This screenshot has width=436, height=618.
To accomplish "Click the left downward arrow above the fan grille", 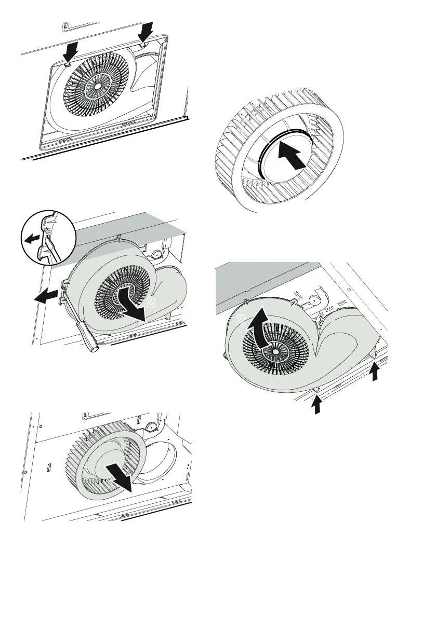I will [x=71, y=52].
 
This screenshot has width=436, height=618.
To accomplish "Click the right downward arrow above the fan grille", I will [x=148, y=31].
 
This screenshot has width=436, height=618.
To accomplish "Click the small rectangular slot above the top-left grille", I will [x=65, y=24].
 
